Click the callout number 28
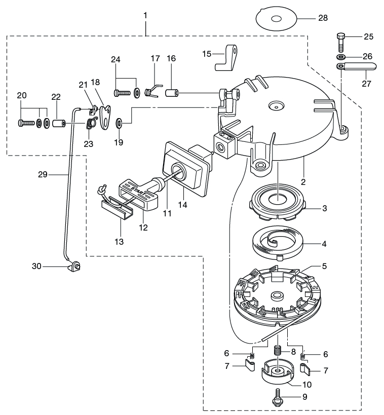pyautogui.click(x=322, y=18)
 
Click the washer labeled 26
pyautogui.click(x=341, y=56)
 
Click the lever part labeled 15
pyautogui.click(x=226, y=57)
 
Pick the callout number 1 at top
pyautogui.click(x=145, y=16)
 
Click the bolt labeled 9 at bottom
pyautogui.click(x=277, y=398)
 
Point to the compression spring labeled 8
pyautogui.click(x=277, y=350)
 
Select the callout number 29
pyautogui.click(x=42, y=174)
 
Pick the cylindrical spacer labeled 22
pyautogui.click(x=59, y=123)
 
